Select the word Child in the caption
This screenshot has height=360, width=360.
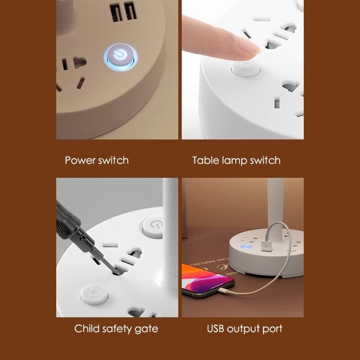click(87, 328)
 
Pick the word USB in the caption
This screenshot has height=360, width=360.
click(216, 328)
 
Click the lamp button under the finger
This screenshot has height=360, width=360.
click(246, 68)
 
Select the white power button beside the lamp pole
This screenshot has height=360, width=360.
click(153, 228)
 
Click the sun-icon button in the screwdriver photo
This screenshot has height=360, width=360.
click(94, 295)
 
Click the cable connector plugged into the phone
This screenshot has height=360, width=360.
click(223, 291)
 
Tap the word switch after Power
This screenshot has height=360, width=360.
click(113, 160)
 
